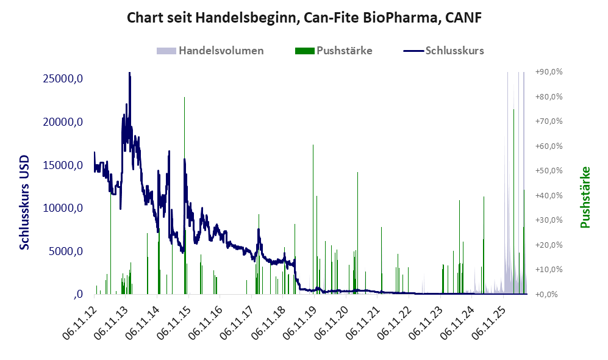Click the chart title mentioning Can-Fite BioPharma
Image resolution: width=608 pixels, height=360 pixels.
point(304,18)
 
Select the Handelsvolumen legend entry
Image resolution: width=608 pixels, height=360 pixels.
point(210,51)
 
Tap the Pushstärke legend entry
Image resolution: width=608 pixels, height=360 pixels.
point(334,51)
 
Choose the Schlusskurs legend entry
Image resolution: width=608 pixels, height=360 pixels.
point(443,51)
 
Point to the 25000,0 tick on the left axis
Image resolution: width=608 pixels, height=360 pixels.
point(63,79)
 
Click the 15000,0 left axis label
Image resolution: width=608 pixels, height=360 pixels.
point(63,165)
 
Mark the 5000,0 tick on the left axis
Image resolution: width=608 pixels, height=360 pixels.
point(65,251)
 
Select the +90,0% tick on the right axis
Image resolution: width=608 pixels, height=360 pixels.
point(549,72)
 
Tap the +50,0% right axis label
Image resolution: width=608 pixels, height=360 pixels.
point(549,171)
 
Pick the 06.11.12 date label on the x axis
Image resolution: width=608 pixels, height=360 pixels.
point(79,323)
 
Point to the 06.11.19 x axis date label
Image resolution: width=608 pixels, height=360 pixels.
point(300,323)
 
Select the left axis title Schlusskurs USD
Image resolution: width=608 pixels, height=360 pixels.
point(24,202)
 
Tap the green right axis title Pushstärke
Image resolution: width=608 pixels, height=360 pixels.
point(585,197)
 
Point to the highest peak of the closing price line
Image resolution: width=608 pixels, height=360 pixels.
point(129,73)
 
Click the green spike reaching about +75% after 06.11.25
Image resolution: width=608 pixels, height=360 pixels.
point(513,201)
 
